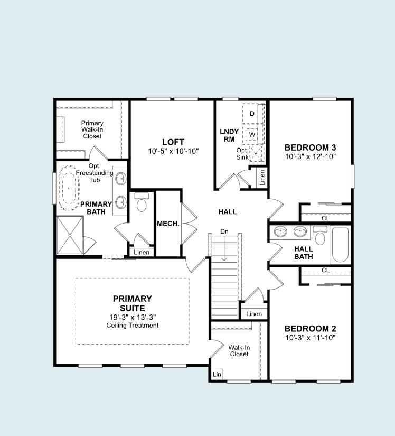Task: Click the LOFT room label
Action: (x=173, y=142)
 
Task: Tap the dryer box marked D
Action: (x=252, y=114)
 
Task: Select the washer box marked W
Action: (x=252, y=134)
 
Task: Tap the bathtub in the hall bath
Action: (x=340, y=245)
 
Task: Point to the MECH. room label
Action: (x=168, y=224)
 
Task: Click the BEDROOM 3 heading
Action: (x=311, y=147)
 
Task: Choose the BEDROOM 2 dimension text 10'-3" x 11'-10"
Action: (x=311, y=337)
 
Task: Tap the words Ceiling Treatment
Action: (x=132, y=325)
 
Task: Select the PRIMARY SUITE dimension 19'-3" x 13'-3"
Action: (x=132, y=317)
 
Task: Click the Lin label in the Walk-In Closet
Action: (x=217, y=374)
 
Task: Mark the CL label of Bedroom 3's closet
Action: (x=326, y=218)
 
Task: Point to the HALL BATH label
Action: (x=304, y=253)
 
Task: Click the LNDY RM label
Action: (x=229, y=135)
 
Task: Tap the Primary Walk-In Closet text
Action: (x=92, y=129)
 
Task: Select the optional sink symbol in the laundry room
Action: (x=256, y=154)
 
